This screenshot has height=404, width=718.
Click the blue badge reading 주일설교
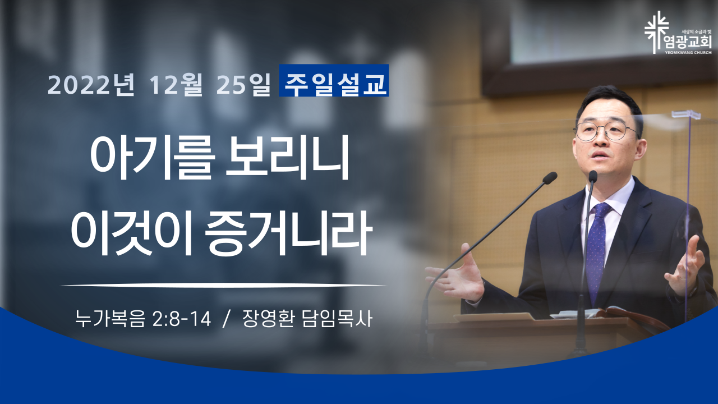[334, 80]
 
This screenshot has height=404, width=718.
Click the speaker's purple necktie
[597, 250]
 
